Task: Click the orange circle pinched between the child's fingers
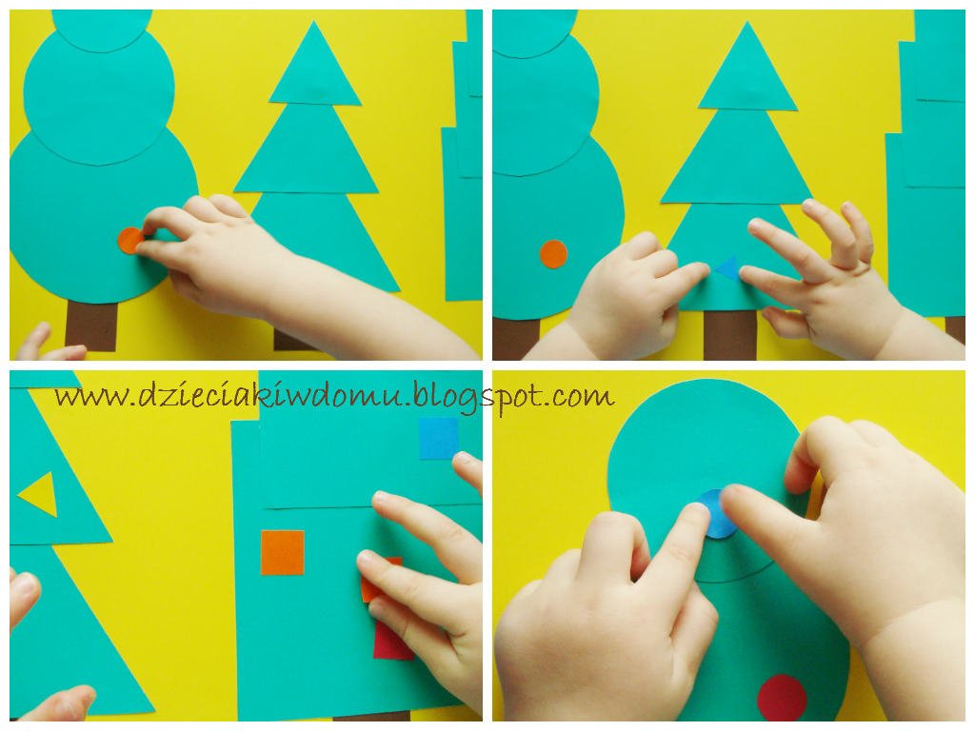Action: tap(129, 241)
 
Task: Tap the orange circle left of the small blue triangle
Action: tap(553, 254)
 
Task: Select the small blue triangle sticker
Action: tap(727, 267)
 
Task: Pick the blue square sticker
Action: tap(438, 438)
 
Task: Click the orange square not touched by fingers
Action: tap(282, 552)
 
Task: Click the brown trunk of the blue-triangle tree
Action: tap(730, 334)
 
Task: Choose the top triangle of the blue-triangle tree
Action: tap(748, 71)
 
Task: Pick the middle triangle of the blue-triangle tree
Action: tap(736, 159)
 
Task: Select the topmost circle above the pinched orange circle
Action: tap(101, 30)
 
